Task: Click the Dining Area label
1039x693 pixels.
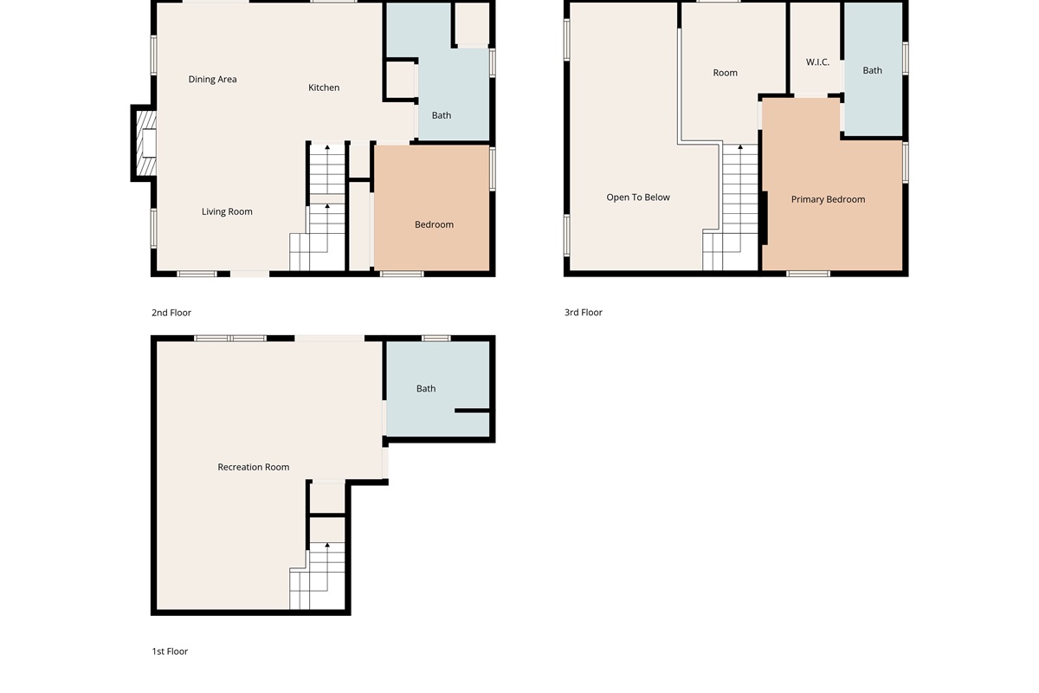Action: click(x=212, y=80)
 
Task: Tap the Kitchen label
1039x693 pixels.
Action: click(x=324, y=87)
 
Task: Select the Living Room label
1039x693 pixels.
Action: click(x=227, y=211)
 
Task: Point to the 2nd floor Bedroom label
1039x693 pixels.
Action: click(x=434, y=224)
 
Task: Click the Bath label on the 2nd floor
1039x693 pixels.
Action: click(x=441, y=115)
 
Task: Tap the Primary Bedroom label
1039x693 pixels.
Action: click(x=828, y=199)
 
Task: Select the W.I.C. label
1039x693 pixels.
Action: click(x=817, y=62)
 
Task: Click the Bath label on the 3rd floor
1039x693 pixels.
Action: click(x=872, y=70)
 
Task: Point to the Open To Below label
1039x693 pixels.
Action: click(x=638, y=198)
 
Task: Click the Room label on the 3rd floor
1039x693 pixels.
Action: click(x=725, y=73)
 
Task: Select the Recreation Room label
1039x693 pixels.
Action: click(x=253, y=467)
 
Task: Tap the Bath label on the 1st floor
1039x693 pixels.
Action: click(x=426, y=388)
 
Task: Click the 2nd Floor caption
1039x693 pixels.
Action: click(x=171, y=313)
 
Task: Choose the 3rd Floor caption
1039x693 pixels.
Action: click(x=583, y=313)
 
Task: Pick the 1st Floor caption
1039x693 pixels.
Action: click(x=170, y=651)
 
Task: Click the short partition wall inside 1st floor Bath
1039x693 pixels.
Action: click(x=472, y=411)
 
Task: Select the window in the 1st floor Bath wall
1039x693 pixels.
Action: click(x=436, y=339)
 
